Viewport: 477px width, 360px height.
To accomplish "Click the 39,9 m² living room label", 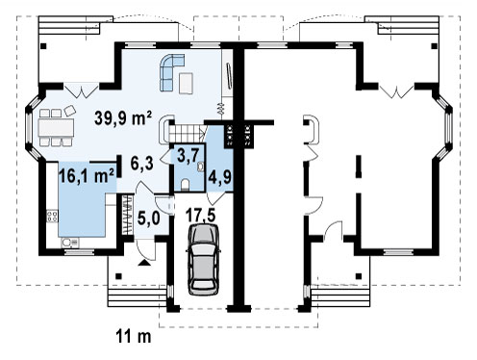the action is click(123, 118).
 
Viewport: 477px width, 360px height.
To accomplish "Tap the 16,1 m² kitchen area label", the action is click(87, 175).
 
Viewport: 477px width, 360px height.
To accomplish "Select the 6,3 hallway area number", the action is click(142, 164).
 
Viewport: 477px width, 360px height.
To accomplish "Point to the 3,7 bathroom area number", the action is click(188, 157).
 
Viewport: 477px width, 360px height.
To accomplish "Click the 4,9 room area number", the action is click(219, 176).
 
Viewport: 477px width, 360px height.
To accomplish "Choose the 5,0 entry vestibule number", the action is click(148, 219).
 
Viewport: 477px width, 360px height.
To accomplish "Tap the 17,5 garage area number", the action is click(201, 216).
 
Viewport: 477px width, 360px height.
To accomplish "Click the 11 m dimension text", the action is click(134, 337).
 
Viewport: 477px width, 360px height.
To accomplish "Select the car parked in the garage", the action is click(203, 259).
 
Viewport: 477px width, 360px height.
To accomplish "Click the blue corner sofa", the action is click(170, 72).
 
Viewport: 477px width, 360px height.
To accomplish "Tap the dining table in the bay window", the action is click(56, 128).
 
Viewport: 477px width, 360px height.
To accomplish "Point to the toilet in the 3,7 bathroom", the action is click(185, 186).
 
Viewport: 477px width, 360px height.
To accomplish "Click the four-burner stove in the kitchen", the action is click(52, 216).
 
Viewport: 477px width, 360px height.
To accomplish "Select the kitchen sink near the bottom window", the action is click(70, 243).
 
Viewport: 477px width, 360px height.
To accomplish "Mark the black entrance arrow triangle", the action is click(144, 263).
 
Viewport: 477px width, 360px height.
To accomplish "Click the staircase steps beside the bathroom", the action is click(185, 132).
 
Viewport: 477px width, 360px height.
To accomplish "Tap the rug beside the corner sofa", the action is click(186, 83).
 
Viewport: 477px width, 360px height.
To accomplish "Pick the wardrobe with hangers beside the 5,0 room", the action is click(128, 215).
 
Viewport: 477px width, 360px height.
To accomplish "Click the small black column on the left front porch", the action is click(118, 276).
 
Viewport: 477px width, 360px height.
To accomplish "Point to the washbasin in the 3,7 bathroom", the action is click(201, 167).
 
